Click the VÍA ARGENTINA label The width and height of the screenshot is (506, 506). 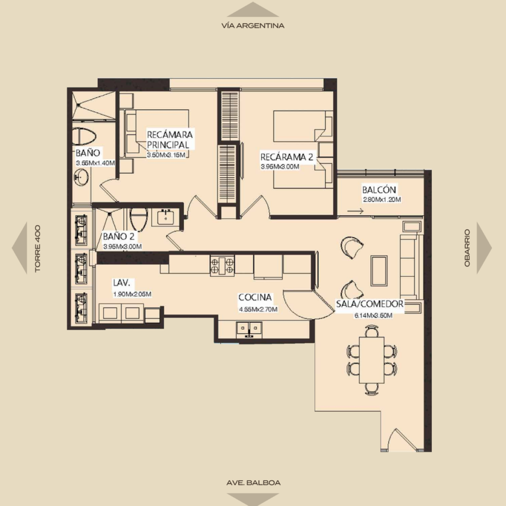pyautogui.click(x=253, y=26)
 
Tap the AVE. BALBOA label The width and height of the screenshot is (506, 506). pyautogui.click(x=253, y=483)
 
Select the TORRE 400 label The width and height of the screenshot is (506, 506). pyautogui.click(x=38, y=249)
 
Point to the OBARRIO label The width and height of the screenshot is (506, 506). pyautogui.click(x=467, y=248)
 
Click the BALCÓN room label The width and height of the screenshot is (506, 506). pyautogui.click(x=379, y=190)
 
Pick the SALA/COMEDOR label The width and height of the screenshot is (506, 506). pyautogui.click(x=370, y=304)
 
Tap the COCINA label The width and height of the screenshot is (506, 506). pyautogui.click(x=255, y=297)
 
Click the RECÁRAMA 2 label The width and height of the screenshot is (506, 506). pyautogui.click(x=287, y=157)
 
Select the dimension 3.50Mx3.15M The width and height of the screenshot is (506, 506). pyautogui.click(x=166, y=155)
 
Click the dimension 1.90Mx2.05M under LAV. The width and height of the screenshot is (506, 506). pyautogui.click(x=132, y=294)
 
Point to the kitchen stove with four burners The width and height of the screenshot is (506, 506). pyautogui.click(x=222, y=265)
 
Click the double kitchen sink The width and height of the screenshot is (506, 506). pyautogui.click(x=249, y=329)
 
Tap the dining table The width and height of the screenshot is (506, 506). pyautogui.click(x=372, y=360)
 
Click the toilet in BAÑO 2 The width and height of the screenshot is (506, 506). pyautogui.click(x=138, y=219)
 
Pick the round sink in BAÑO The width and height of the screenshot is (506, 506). pyautogui.click(x=82, y=177)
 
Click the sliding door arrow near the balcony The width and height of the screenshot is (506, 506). pyautogui.click(x=356, y=211)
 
